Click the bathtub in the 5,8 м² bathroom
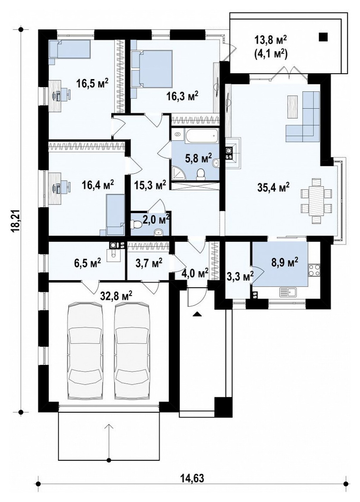tap(201, 136)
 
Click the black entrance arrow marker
tap(197, 314)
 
